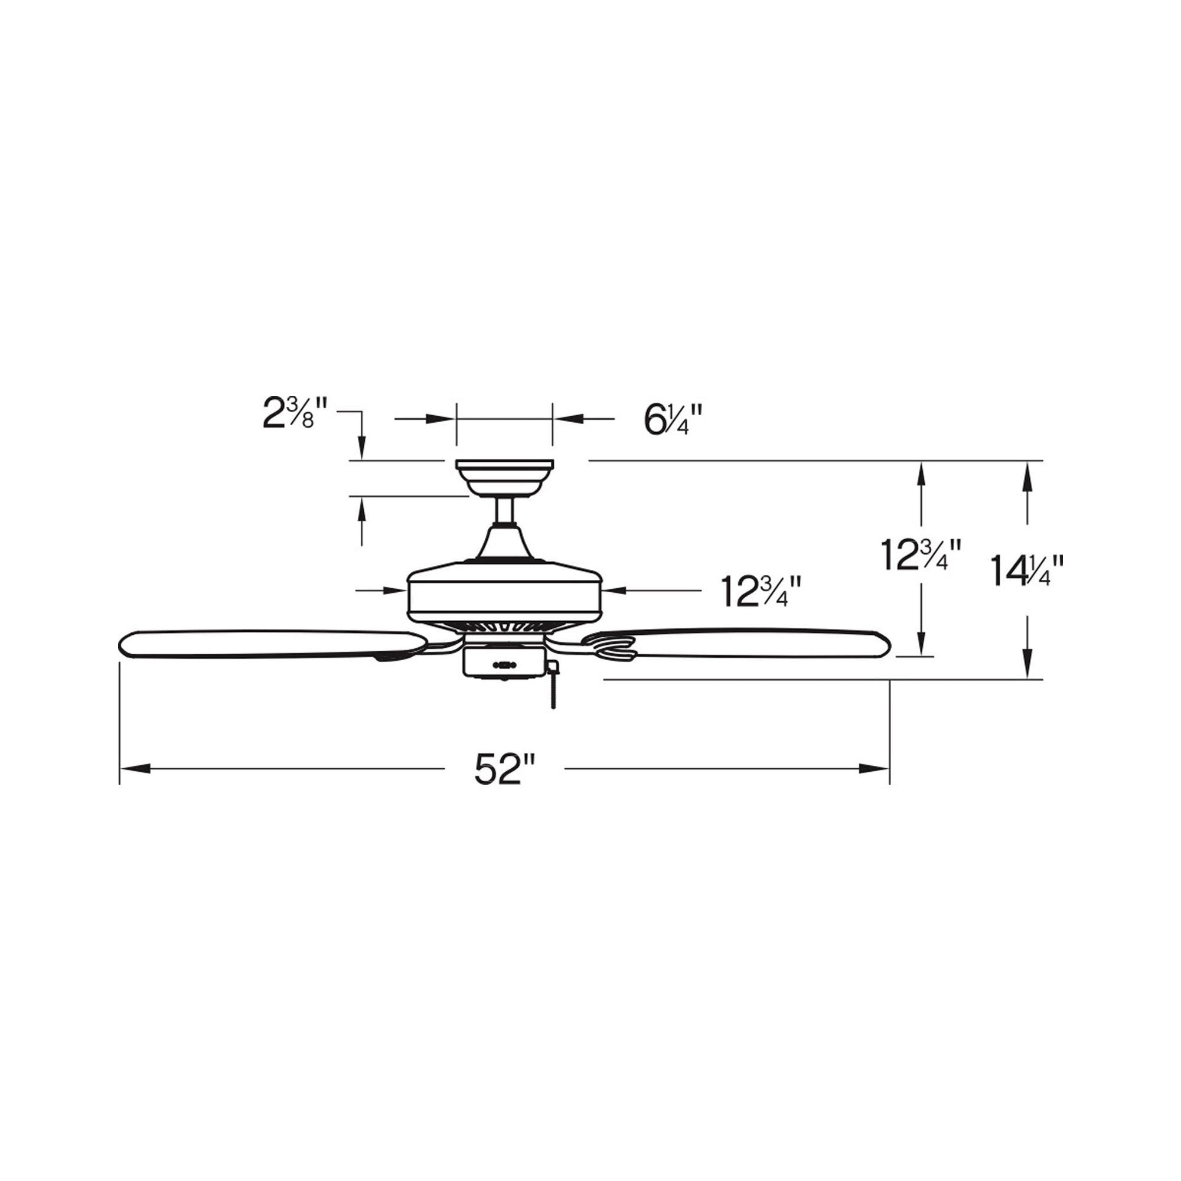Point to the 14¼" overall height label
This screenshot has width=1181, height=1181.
pos(1027,570)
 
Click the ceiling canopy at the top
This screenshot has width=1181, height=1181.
pos(504,479)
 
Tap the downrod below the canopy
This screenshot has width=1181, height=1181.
pos(505,511)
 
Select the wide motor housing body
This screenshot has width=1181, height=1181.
pos(505,590)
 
